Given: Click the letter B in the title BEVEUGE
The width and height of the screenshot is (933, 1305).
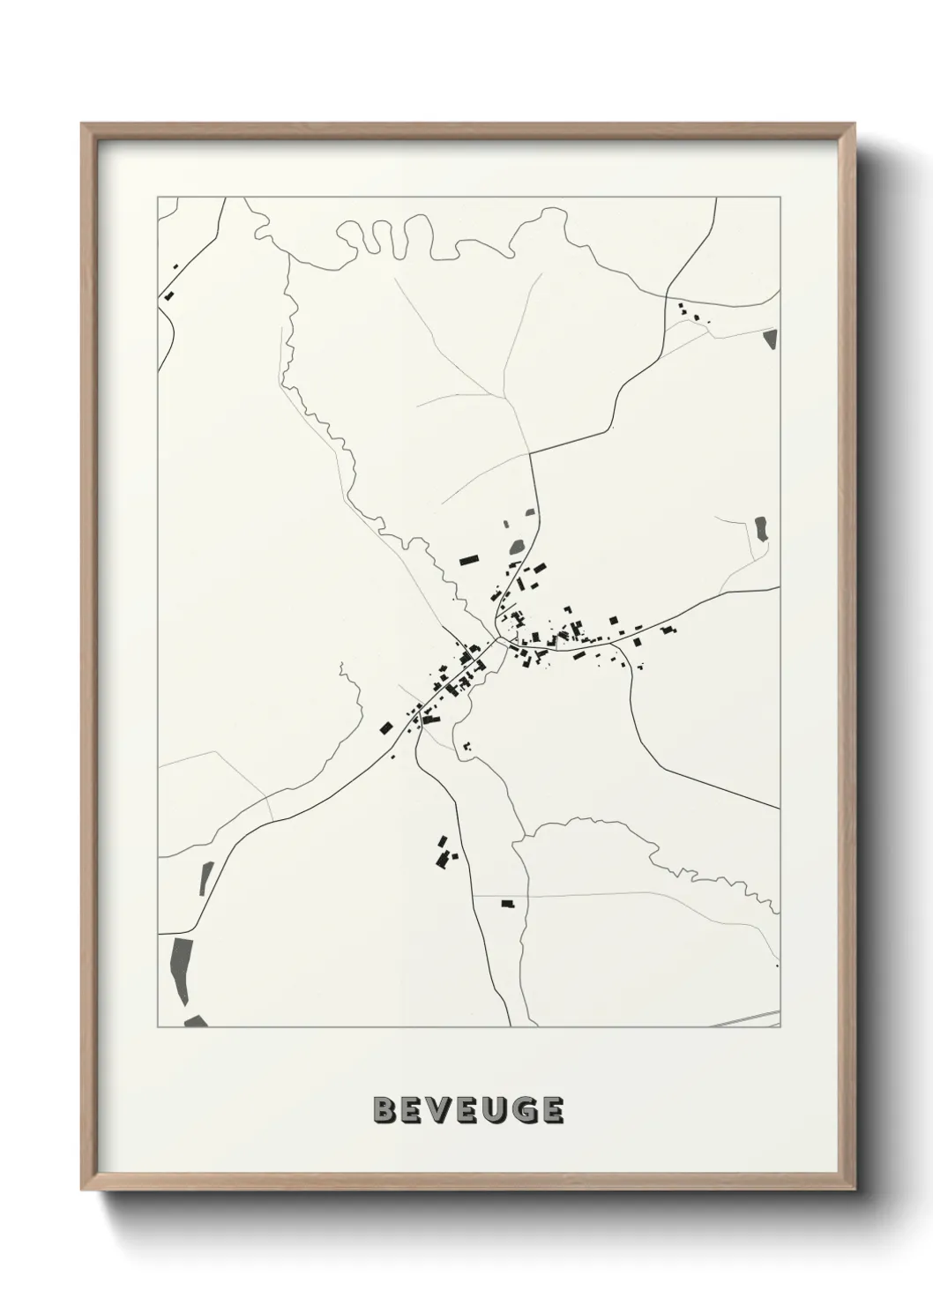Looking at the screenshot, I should tap(385, 1110).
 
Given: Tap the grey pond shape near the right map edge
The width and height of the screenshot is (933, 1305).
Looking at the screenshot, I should tap(761, 528).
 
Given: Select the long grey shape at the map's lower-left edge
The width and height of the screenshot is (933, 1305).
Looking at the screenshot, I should tap(180, 973).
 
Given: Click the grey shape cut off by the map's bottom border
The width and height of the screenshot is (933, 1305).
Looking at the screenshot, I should tap(195, 1022).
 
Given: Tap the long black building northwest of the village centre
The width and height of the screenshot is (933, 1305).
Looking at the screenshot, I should tap(467, 559).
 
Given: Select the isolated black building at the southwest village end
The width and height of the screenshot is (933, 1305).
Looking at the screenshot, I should tap(385, 727).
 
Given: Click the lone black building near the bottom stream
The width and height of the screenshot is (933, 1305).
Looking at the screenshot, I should tap(507, 903).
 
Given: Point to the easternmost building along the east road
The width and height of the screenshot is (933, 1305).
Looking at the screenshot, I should tap(669, 630).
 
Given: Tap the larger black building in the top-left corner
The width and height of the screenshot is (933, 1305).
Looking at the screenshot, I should tap(168, 295).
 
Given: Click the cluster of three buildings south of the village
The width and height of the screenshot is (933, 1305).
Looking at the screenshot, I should tap(444, 852).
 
